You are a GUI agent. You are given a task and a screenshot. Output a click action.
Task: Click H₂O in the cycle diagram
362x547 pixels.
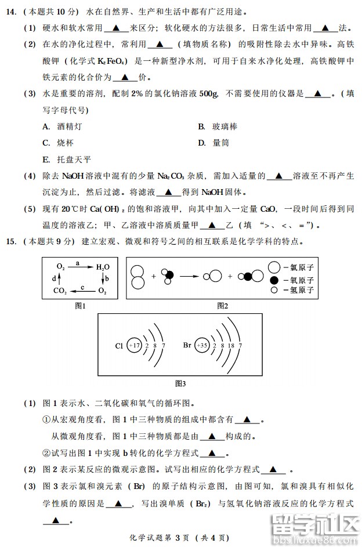point(102,267)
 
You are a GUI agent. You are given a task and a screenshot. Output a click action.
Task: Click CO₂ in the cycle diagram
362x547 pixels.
point(60,290)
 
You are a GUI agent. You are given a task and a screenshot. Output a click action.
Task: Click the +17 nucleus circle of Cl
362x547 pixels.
point(135,346)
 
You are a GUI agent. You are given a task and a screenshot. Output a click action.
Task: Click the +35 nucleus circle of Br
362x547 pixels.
point(202,346)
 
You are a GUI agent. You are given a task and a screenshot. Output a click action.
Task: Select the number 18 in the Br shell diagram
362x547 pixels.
point(231,346)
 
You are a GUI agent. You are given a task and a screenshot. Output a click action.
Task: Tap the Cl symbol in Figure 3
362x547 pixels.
point(119,346)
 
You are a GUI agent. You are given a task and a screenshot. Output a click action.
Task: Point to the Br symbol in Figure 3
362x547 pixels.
point(187,346)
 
